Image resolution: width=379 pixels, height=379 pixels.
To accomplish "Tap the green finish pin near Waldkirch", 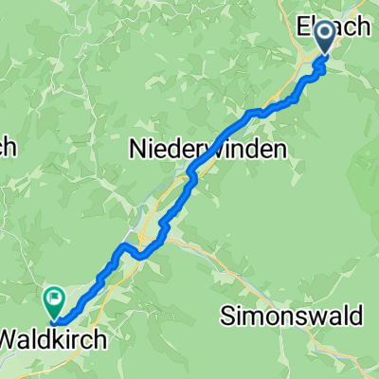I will (x=52, y=301).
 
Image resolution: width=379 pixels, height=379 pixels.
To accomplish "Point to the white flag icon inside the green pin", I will (x=53, y=300).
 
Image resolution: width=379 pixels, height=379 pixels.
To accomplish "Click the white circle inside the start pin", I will (x=324, y=35).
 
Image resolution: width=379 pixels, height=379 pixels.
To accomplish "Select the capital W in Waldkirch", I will (x=10, y=337).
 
